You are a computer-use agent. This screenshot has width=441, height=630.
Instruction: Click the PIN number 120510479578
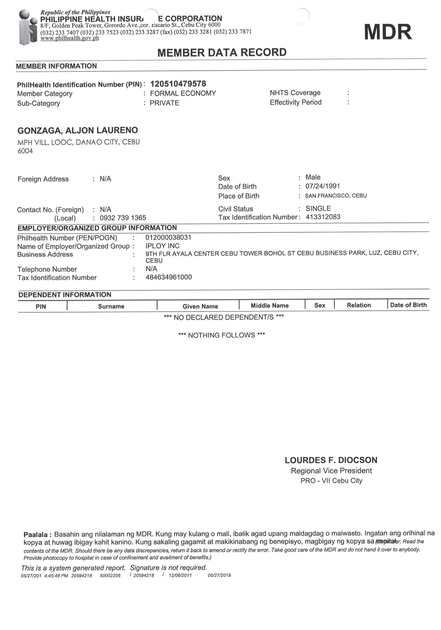tap(178, 84)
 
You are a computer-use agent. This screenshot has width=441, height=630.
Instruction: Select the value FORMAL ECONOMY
tap(183, 93)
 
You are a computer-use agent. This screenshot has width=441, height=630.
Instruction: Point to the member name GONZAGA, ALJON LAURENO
tap(78, 130)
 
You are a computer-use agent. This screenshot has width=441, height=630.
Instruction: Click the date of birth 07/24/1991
tap(322, 186)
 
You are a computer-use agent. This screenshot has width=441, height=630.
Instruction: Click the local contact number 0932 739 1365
tap(123, 218)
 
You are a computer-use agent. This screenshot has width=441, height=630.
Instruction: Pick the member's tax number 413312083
tap(323, 217)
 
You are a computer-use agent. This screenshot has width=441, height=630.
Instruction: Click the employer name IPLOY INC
tap(162, 246)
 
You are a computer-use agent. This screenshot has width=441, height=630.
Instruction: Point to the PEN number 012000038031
tap(168, 237)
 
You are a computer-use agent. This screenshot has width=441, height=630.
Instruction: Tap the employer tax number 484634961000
tap(169, 277)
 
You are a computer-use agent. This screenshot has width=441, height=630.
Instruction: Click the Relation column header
tap(358, 305)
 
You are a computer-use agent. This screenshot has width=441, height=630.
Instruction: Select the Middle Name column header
tap(269, 306)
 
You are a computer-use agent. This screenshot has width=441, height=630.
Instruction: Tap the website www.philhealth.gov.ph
tap(70, 38)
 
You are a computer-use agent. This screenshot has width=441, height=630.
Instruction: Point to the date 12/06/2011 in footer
tap(180, 575)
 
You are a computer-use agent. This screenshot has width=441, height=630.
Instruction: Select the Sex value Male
tap(313, 177)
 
